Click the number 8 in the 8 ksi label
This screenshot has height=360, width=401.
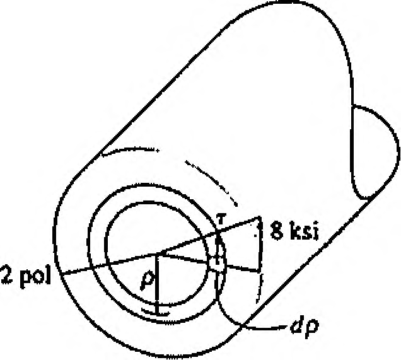point(277,231)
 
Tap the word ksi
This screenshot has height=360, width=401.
point(305,231)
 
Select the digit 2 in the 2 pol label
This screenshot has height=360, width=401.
point(7,274)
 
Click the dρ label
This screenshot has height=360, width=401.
point(305,327)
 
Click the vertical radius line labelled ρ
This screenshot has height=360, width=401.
point(158,283)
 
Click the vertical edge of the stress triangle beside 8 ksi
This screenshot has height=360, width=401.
point(260,243)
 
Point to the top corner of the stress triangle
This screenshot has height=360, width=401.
point(260,217)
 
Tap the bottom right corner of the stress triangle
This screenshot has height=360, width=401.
point(260,270)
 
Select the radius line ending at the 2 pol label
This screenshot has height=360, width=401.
point(110,264)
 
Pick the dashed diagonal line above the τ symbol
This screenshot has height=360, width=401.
point(211,182)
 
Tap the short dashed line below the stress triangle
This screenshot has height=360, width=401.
point(260,288)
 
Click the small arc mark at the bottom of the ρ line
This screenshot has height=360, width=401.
point(156,312)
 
